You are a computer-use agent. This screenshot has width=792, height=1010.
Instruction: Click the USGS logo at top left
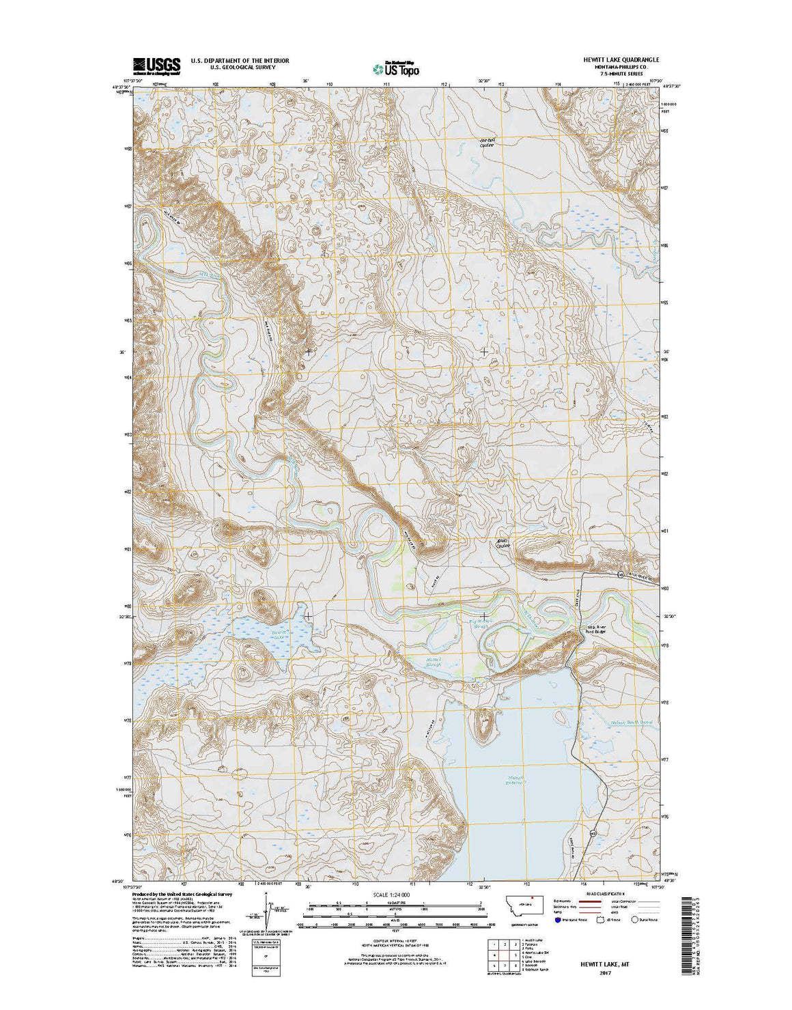coord(156,66)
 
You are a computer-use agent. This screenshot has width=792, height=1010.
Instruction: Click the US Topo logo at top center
coord(396,68)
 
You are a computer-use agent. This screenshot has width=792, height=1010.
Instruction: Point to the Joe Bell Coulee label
coord(486,143)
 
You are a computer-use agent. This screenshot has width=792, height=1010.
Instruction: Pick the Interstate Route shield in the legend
coord(560,920)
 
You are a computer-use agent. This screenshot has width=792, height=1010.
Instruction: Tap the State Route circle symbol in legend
coord(634,920)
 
